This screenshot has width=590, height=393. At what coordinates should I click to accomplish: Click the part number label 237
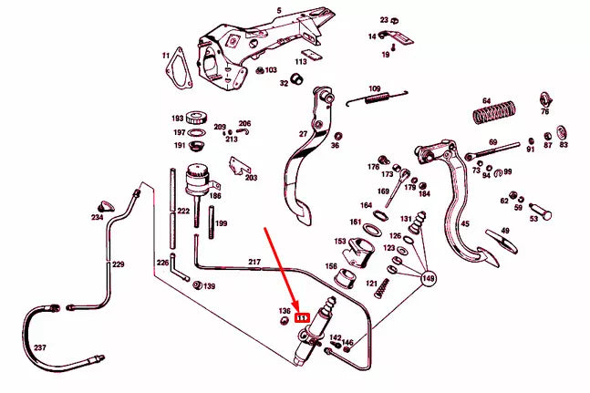tap(38, 347)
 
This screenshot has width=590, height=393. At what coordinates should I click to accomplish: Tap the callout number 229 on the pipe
tap(117, 264)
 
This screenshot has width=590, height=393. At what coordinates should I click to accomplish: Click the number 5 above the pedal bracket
tap(279, 10)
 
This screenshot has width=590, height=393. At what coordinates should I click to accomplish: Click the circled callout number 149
tap(428, 279)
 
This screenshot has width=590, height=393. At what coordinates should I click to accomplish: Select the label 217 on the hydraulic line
tap(254, 263)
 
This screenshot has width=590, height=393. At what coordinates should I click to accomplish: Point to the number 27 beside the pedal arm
tap(303, 133)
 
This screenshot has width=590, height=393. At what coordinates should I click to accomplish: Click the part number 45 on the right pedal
tap(464, 224)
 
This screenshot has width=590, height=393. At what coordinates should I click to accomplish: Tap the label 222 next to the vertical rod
tap(183, 211)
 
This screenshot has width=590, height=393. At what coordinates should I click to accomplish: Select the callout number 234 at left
tap(97, 218)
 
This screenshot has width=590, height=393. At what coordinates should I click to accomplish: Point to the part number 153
tap(340, 241)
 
